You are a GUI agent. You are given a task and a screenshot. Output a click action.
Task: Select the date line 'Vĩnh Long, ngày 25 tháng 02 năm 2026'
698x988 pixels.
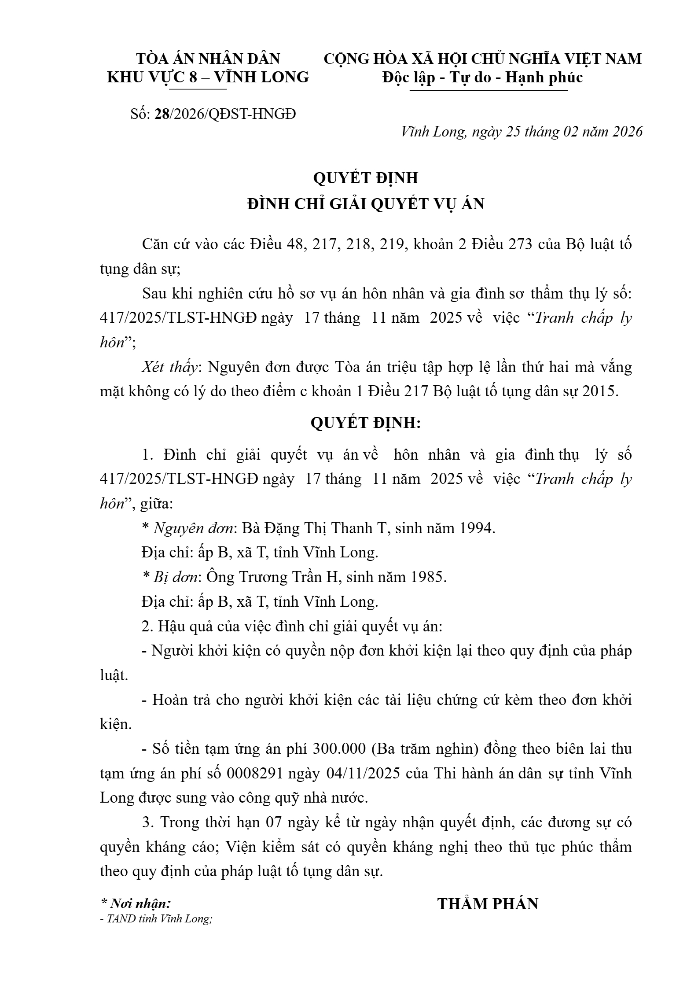point(522,132)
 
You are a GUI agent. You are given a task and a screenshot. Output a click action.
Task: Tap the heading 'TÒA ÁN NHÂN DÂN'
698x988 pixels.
point(208,59)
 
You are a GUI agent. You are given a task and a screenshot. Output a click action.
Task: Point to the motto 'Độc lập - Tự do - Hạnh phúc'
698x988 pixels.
point(483,77)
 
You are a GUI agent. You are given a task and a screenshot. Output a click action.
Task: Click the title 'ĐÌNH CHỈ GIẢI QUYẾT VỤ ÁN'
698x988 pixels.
point(366,204)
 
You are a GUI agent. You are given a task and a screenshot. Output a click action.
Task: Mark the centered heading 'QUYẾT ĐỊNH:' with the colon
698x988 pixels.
point(366,423)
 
